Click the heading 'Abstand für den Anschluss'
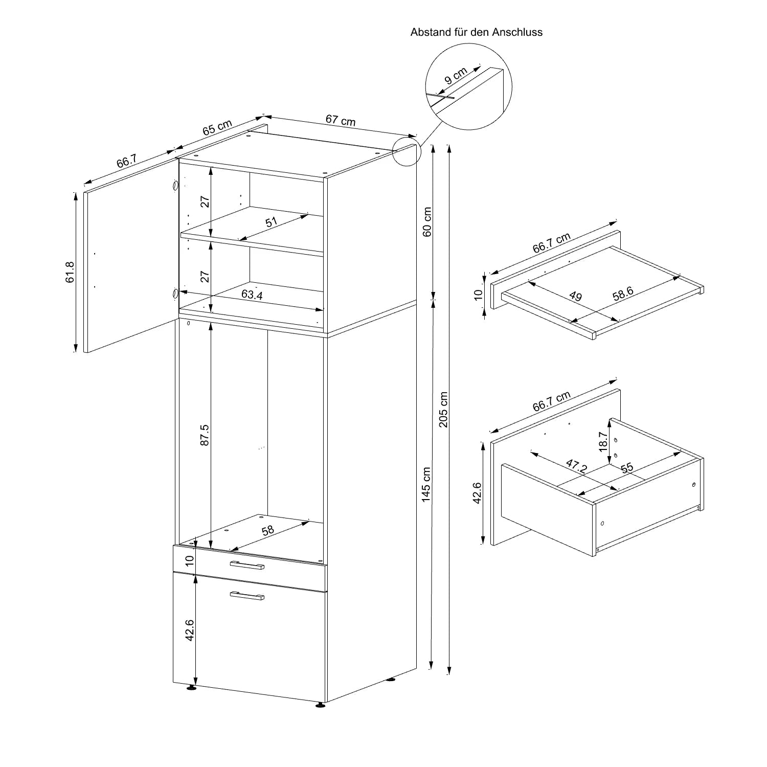476,32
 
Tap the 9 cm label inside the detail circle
456,76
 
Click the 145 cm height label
426,484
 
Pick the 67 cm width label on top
341,121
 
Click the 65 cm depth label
217,127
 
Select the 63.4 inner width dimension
252,295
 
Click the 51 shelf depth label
272,222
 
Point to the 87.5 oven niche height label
205,435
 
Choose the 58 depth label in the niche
268,530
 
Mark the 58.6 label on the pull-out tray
623,293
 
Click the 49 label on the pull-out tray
575,296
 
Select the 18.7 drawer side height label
603,441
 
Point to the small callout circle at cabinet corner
407,151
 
